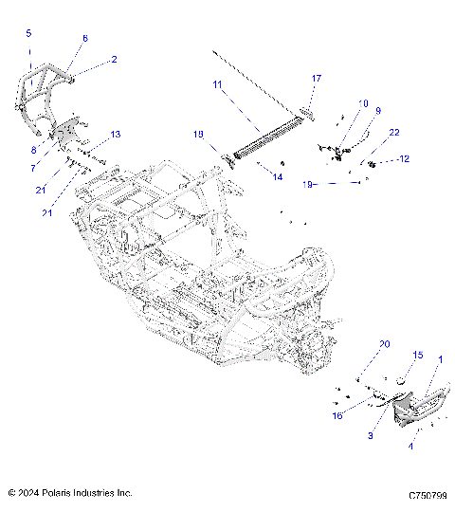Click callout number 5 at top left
(27, 33)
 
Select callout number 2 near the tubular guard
(114, 59)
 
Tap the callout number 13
(116, 135)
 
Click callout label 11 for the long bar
(218, 85)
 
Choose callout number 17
(317, 78)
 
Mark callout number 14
(278, 176)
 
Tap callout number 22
(393, 133)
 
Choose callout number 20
(384, 344)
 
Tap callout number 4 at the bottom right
(410, 446)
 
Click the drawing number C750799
(427, 495)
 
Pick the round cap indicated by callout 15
(399, 379)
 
